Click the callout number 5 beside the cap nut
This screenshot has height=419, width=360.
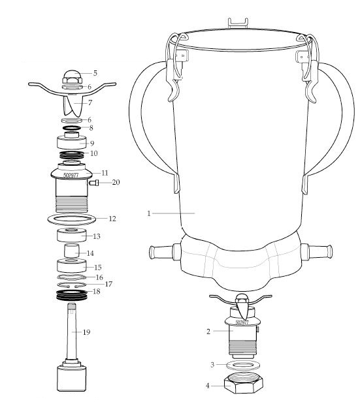click(95, 73)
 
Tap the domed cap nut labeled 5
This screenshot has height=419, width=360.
click(72, 77)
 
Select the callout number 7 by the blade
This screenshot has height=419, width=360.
click(90, 102)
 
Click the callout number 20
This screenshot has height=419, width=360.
click(116, 182)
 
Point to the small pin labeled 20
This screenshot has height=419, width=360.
click(94, 183)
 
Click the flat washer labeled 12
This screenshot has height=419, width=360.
click(72, 219)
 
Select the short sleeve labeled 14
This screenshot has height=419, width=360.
click(72, 251)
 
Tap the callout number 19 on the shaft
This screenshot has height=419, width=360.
click(86, 332)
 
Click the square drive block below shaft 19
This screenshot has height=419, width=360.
click(72, 378)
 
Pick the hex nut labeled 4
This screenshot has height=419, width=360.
click(244, 382)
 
